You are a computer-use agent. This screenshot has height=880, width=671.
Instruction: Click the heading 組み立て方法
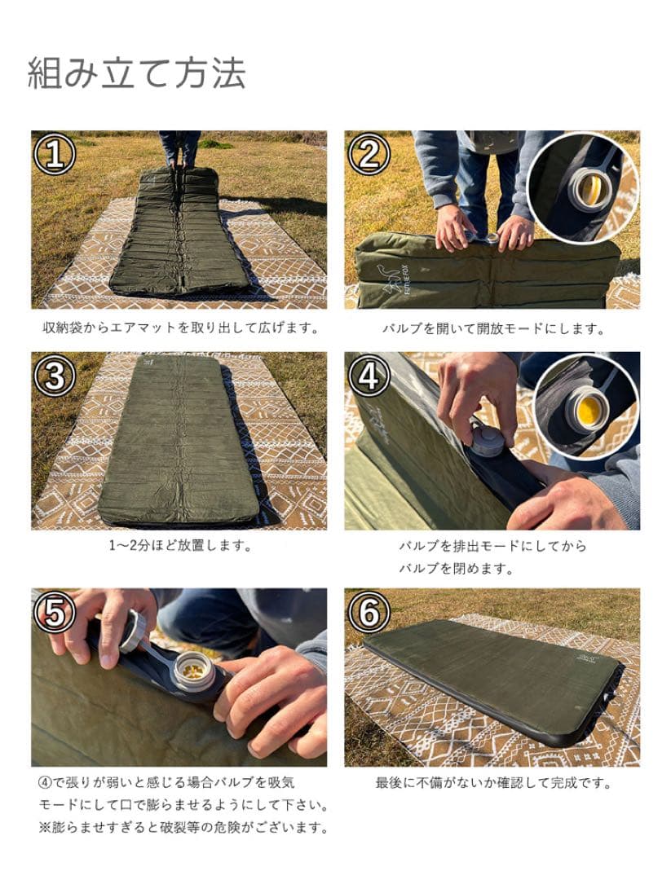[x=136, y=73]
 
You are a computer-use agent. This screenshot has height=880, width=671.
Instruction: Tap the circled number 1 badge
[x=55, y=154]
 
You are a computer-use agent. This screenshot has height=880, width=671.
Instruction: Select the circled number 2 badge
[x=369, y=154]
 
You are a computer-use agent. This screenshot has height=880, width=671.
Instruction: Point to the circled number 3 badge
[x=55, y=376]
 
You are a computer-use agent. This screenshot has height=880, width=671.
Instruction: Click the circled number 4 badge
[x=369, y=376]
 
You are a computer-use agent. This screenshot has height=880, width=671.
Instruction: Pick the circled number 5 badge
[x=55, y=613]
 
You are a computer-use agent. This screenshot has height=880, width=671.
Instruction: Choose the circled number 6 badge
[x=369, y=613]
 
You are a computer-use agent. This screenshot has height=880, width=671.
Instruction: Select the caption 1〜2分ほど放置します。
[x=179, y=545]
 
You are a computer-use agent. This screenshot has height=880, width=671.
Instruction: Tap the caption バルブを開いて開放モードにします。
[x=493, y=328]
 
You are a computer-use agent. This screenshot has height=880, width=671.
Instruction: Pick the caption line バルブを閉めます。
[x=457, y=569]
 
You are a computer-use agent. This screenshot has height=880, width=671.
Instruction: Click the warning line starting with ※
[x=183, y=827]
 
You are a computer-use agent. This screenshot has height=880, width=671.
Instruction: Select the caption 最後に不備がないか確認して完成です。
[x=493, y=782]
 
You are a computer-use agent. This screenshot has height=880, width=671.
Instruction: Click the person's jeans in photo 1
[x=179, y=147]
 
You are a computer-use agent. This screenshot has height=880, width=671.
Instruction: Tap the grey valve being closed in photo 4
[x=485, y=441]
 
